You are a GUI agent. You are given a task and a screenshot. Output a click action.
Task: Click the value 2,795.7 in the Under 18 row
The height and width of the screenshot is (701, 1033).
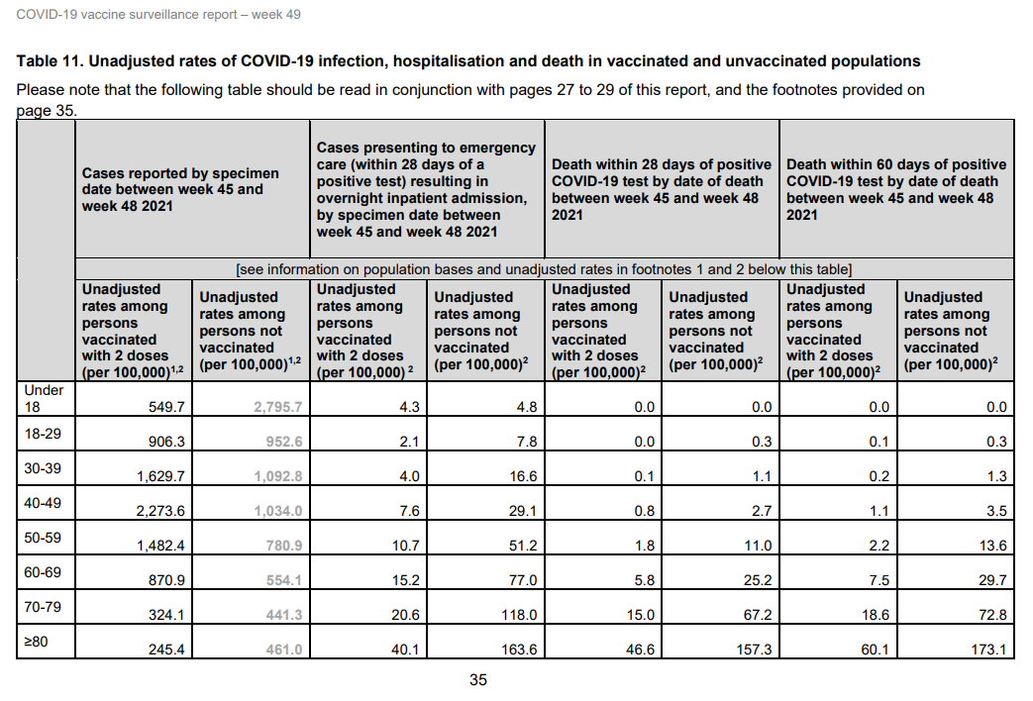pyautogui.click(x=279, y=407)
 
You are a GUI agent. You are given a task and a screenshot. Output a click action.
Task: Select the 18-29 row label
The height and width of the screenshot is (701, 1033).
pyautogui.click(x=43, y=433)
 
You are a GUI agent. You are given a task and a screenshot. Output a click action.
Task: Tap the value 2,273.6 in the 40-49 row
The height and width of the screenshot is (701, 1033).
pyautogui.click(x=160, y=511)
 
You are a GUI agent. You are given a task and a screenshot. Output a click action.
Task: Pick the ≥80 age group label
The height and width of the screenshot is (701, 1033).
pyautogui.click(x=35, y=641)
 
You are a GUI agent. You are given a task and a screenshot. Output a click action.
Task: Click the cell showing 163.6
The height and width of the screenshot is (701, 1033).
pyautogui.click(x=515, y=650)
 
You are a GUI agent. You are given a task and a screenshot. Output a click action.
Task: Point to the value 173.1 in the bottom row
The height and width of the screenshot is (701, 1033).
pyautogui.click(x=986, y=650)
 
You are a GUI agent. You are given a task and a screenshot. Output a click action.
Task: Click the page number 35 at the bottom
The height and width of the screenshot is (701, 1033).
pyautogui.click(x=478, y=680)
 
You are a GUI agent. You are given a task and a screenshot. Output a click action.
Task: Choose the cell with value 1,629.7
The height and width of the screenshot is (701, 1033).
pyautogui.click(x=160, y=476)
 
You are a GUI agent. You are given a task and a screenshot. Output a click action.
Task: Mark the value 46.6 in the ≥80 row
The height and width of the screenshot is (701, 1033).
pyautogui.click(x=635, y=650)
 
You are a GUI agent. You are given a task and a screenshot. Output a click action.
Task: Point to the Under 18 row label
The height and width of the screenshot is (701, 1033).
pyautogui.click(x=44, y=397)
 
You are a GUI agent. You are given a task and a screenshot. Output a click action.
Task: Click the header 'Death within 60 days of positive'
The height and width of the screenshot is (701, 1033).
pyautogui.click(x=895, y=164)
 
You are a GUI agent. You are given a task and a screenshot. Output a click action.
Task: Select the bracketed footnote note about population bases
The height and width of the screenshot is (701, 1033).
pyautogui.click(x=545, y=268)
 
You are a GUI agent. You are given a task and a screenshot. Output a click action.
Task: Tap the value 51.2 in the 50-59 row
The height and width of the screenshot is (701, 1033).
pyautogui.click(x=520, y=546)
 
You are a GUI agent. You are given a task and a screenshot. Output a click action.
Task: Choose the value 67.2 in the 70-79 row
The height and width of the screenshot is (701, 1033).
pyautogui.click(x=753, y=615)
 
